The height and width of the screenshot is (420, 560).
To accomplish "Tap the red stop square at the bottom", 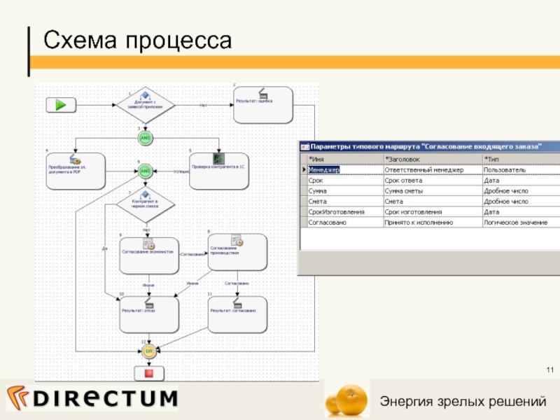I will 148,373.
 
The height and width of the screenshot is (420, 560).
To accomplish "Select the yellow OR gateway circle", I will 148,351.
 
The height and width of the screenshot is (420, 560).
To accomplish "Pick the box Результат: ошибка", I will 262,104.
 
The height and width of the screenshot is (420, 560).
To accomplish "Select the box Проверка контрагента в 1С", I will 219,171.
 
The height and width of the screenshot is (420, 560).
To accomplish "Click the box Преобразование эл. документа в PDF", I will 75,171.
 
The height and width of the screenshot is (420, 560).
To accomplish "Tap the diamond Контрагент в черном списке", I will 144,204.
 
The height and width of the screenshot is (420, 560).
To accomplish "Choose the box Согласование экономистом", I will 148,253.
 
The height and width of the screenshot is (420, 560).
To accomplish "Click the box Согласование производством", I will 237,252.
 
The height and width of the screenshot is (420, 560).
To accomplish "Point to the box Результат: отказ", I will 148,313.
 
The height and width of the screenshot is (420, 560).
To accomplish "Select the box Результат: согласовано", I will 237,313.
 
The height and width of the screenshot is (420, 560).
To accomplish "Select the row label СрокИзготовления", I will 336,212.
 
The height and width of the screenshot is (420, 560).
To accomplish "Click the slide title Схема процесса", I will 137,41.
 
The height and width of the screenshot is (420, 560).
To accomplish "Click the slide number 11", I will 549,370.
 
